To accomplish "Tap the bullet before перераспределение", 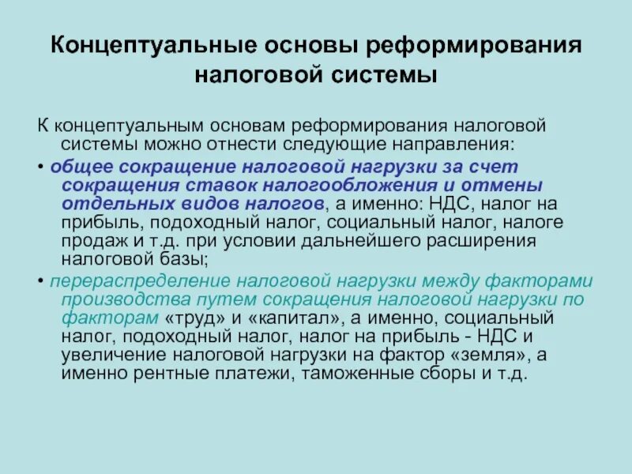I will [41, 283].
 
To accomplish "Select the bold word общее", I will [77, 167].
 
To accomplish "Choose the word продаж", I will [90, 241].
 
